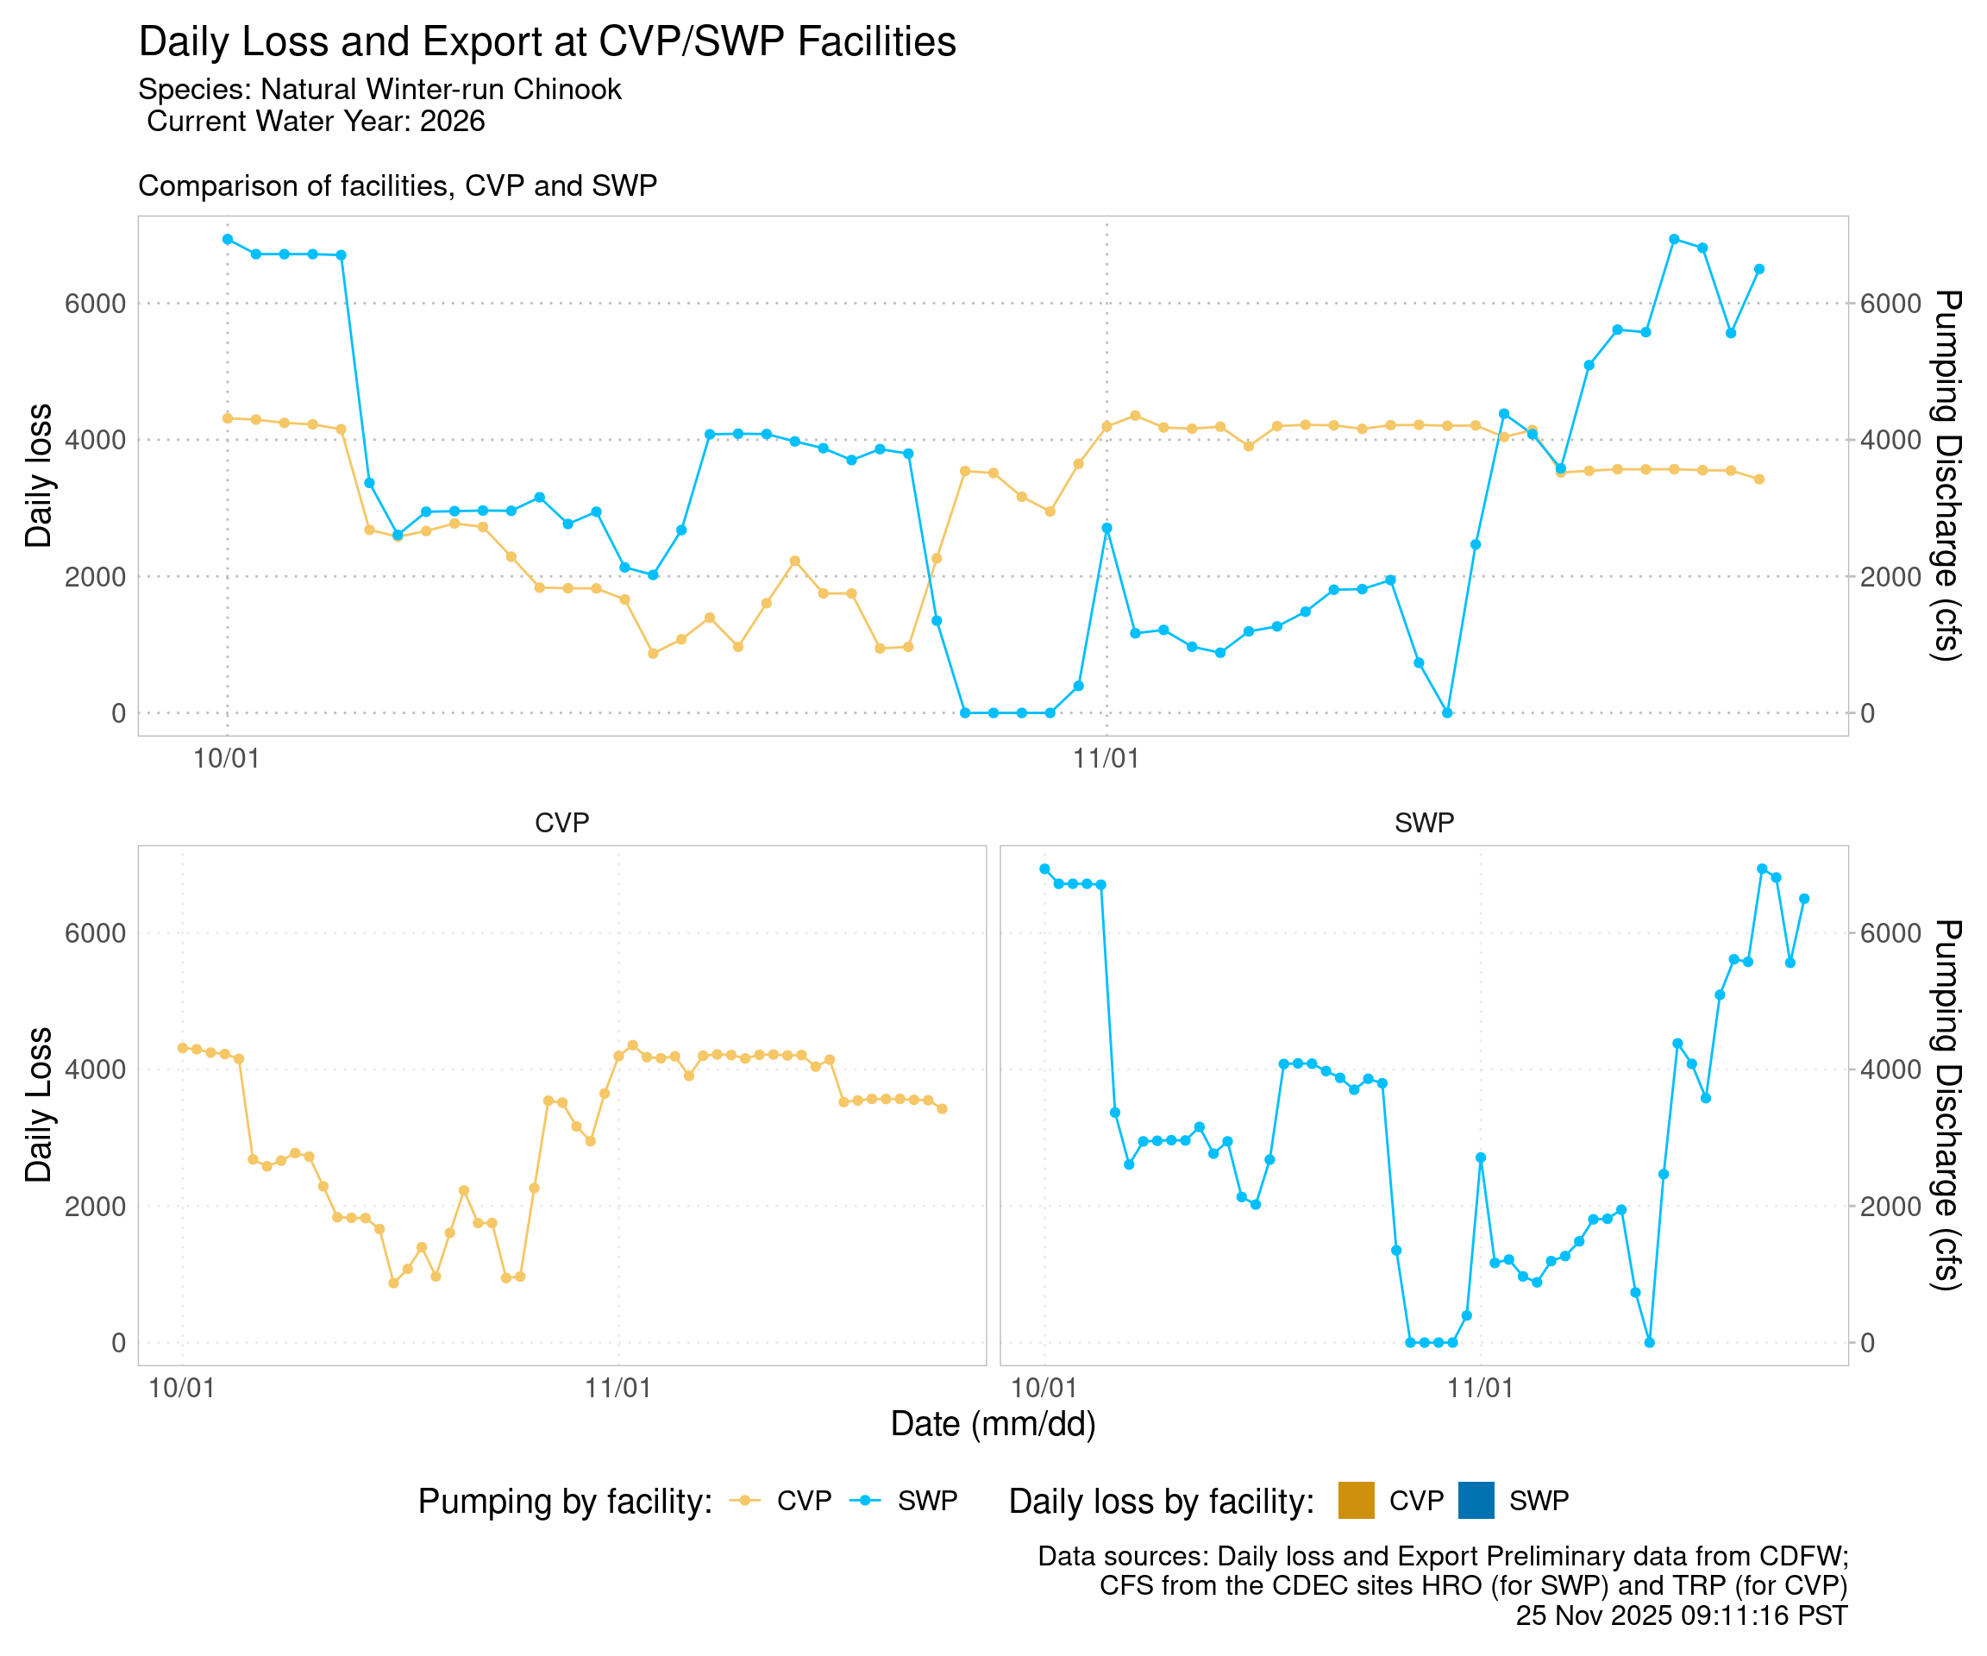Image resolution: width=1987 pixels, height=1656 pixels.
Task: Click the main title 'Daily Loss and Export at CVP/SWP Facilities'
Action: coord(547,42)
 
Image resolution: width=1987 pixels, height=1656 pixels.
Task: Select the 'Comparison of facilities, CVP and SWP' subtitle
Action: coord(398,185)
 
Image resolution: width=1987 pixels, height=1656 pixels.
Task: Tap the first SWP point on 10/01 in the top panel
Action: coord(227,240)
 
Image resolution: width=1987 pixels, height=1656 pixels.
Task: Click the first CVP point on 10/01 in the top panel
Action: coord(227,418)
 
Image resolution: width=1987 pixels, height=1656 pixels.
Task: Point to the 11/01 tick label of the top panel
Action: coord(1106,758)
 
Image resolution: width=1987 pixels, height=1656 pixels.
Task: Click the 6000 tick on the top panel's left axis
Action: coord(95,304)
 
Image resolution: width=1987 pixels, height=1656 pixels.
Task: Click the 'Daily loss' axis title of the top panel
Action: coord(39,476)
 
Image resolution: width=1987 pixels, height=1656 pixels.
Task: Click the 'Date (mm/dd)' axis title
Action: coord(993,1423)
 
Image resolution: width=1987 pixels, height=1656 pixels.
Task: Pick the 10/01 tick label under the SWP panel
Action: coord(1044,1389)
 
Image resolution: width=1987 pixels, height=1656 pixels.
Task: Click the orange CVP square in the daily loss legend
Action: coord(1356,1501)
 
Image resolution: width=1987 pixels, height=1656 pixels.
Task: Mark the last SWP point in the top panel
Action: coord(1759,269)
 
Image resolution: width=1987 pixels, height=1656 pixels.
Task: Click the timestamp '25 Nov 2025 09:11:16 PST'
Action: coord(1681,1615)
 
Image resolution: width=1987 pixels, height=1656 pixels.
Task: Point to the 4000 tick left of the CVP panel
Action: coord(95,1069)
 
